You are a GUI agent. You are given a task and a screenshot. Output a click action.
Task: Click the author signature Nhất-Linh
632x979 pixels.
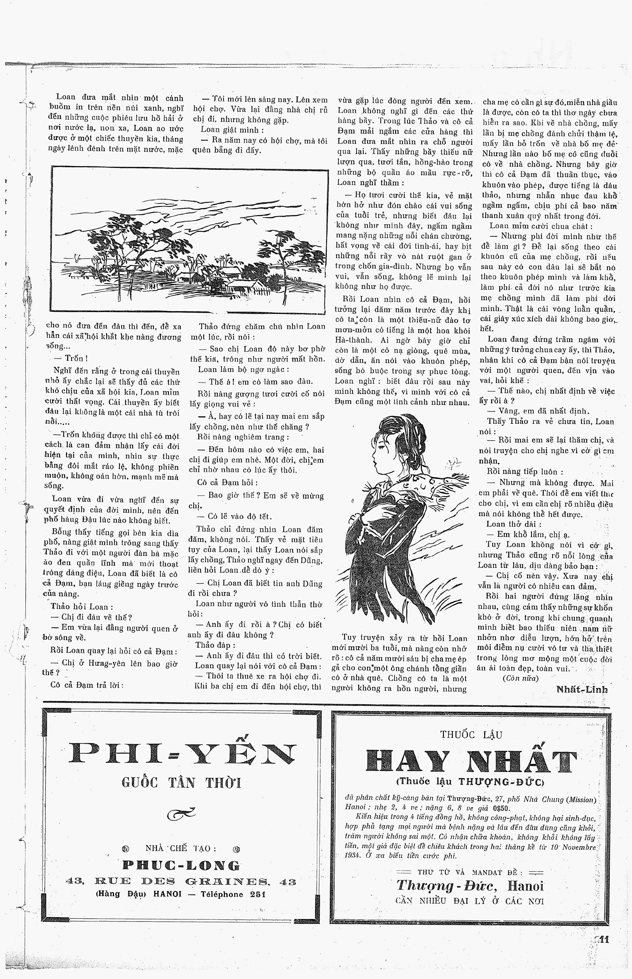(x=582, y=689)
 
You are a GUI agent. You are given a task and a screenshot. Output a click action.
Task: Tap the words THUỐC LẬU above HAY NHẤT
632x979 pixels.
(x=471, y=735)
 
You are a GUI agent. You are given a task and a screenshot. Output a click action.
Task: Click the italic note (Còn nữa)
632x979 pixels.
(x=520, y=678)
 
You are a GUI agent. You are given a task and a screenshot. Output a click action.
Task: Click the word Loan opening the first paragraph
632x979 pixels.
(x=66, y=97)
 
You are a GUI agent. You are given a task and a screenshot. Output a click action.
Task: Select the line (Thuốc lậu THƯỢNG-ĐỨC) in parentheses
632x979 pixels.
(x=470, y=782)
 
